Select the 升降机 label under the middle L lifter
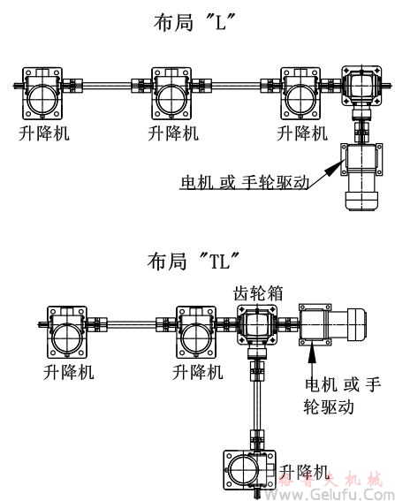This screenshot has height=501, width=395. tap(173, 134)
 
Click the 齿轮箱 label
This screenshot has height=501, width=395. tap(258, 292)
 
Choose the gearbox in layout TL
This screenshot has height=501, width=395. tap(256, 329)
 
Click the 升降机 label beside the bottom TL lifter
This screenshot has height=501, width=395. tap(304, 470)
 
